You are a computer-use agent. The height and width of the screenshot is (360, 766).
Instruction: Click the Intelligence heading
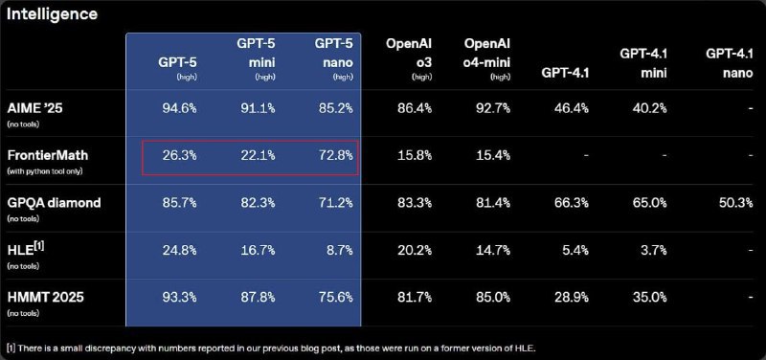click(53, 14)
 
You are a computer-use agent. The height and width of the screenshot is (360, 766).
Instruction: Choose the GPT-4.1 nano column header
click(727, 63)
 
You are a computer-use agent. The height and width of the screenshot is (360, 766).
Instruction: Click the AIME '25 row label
click(40, 108)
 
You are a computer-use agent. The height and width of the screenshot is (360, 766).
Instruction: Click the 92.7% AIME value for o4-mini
click(488, 108)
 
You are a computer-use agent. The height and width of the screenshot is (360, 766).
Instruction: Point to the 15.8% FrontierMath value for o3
click(411, 155)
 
